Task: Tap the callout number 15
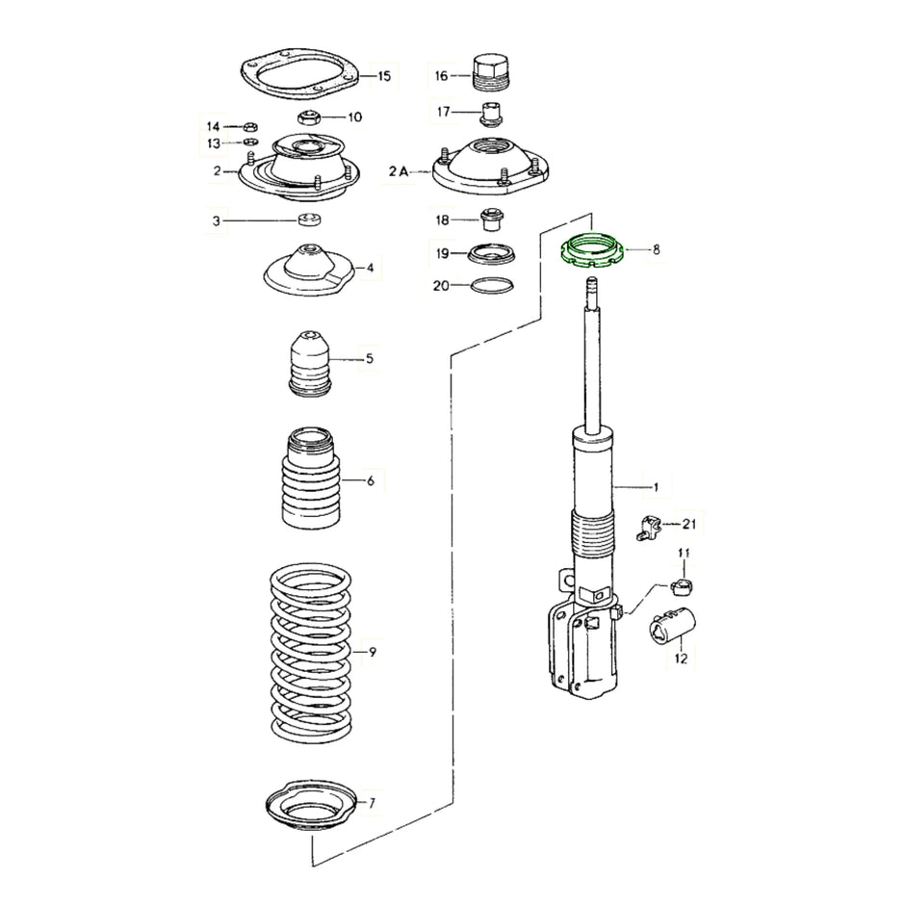pos(384,76)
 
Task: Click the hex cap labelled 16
pos(491,72)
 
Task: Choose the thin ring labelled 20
pos(490,285)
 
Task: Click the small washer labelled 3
pos(310,221)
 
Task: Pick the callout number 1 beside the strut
pos(655,487)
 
